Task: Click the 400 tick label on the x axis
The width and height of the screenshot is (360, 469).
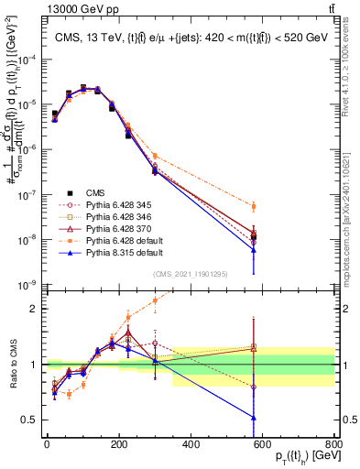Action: (191, 448)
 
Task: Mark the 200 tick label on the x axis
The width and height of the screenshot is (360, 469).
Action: (119, 448)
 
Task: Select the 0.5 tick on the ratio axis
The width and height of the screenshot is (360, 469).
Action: (32, 420)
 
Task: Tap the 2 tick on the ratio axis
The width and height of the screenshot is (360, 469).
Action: (35, 309)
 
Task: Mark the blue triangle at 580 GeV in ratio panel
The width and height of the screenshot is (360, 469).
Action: (254, 418)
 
